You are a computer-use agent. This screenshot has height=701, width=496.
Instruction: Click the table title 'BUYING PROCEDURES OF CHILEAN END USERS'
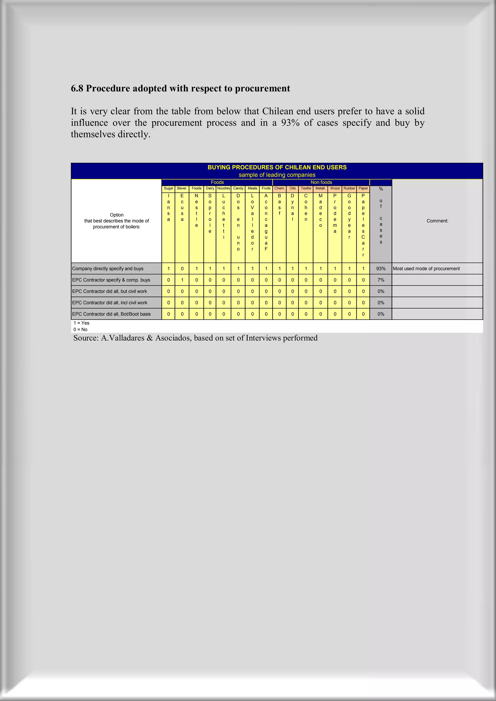[277, 167]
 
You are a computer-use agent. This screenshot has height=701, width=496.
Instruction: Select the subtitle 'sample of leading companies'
[277, 175]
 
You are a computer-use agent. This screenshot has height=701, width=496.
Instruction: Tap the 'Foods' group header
[217, 182]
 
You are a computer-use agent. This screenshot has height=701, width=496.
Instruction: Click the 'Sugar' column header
[168, 188]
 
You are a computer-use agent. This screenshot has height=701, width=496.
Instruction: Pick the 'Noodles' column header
[224, 188]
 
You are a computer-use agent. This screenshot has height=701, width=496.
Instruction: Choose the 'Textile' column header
[306, 188]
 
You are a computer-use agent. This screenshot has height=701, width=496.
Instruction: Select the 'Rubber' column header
[349, 188]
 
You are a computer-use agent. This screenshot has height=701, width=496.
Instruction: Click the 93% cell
[380, 269]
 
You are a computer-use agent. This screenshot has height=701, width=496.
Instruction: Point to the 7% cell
[380, 280]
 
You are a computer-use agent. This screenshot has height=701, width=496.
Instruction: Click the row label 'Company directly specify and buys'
[108, 269]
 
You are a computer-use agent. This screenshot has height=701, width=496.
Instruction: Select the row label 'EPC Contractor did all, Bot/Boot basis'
[111, 314]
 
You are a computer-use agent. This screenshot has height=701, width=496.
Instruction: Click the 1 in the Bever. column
[182, 280]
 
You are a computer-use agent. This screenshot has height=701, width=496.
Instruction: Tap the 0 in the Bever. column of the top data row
[182, 269]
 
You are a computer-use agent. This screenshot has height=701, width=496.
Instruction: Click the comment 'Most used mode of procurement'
[426, 269]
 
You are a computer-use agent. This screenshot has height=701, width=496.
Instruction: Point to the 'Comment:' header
[437, 221]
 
